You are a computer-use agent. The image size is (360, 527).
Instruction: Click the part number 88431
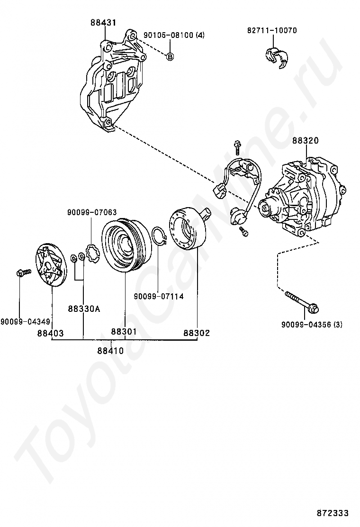click(104, 22)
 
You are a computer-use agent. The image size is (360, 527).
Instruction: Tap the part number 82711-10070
click(272, 30)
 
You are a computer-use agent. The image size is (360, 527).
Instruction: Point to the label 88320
click(305, 141)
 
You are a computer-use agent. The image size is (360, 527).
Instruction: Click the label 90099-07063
click(91, 213)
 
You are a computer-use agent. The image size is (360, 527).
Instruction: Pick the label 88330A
click(84, 309)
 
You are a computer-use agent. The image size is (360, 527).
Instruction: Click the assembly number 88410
click(110, 351)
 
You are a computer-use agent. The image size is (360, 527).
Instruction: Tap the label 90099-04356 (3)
click(312, 325)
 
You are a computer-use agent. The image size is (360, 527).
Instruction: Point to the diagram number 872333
click(333, 513)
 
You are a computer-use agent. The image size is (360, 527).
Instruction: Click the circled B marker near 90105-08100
click(170, 56)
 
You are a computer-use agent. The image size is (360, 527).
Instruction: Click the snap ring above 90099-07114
click(160, 236)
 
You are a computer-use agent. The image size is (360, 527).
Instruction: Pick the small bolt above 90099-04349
click(22, 273)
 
